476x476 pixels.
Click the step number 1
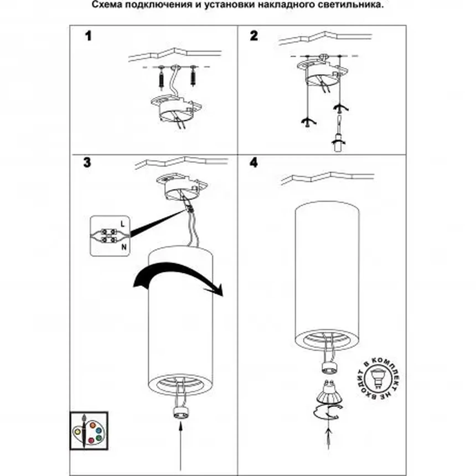point(88,36)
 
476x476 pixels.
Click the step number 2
point(253,36)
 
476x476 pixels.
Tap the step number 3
point(87,162)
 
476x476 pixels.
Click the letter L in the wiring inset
point(123,224)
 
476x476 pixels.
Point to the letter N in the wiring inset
point(124,247)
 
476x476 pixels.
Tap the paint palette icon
point(89,431)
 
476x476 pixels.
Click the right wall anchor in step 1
point(193,77)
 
